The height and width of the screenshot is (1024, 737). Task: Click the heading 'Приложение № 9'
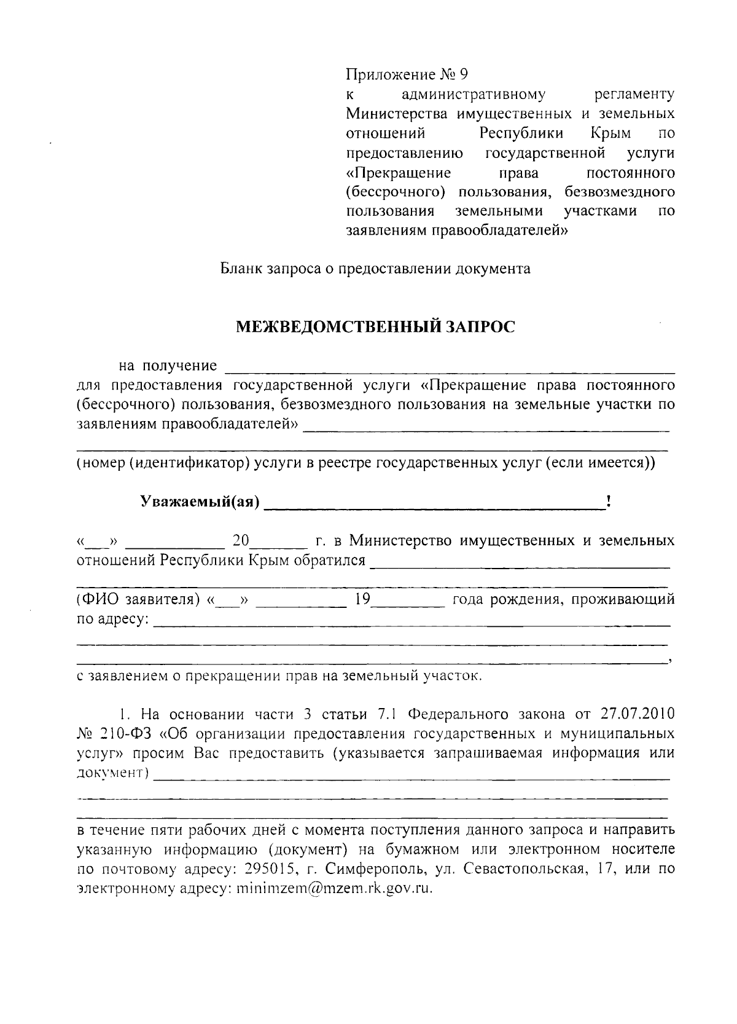[x=407, y=75]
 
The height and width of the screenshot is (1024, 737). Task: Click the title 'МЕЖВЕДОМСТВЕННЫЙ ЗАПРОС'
[x=376, y=326]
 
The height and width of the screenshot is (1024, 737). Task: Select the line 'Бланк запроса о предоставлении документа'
[x=376, y=269]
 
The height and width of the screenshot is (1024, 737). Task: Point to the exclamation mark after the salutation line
[x=607, y=501]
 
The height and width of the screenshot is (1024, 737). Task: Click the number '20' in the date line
[x=241, y=542]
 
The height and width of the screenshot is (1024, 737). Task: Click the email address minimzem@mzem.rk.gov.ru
[x=334, y=888]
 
